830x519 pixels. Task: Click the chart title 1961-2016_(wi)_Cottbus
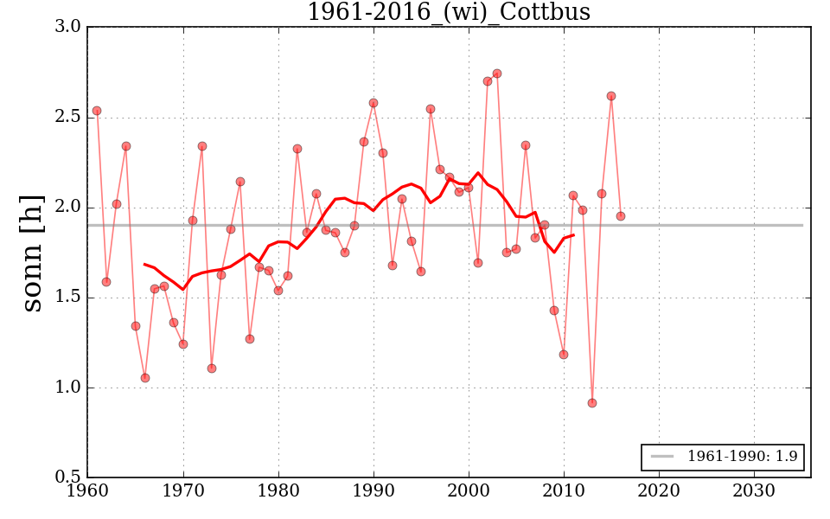pos(449,12)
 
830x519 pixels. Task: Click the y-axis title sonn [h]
pos(32,253)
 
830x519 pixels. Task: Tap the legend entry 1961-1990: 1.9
pos(725,456)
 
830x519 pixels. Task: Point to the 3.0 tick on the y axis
pos(69,27)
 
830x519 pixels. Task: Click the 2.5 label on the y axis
pos(69,117)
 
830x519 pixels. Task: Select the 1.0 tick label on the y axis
pos(69,388)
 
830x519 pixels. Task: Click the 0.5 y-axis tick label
pos(69,477)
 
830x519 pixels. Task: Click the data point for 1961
pos(97,111)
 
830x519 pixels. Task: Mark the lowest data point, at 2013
pos(592,403)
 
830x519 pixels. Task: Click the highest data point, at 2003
pos(497,74)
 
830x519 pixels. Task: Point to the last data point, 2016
pos(621,216)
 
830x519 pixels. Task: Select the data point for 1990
pos(373,103)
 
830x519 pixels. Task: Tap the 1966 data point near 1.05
pos(145,378)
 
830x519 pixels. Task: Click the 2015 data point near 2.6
pos(611,96)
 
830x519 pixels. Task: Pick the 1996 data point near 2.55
pos(431,109)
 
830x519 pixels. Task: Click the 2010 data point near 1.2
pos(564,355)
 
